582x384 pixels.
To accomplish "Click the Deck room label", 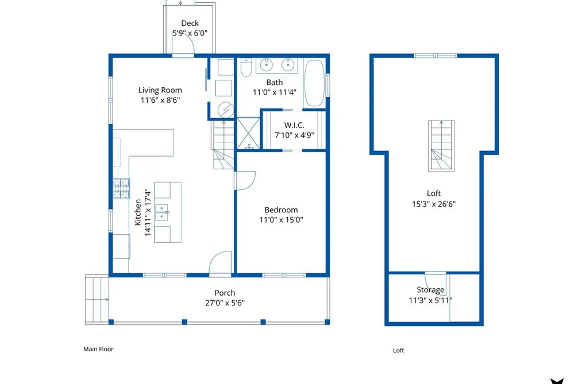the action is coord(190,23).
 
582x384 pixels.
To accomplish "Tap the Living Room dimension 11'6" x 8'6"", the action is coord(160,100).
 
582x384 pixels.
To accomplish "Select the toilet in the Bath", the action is coord(246,67).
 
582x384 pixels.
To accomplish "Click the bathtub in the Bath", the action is coord(314,83).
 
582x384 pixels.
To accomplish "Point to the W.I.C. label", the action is coord(294,125).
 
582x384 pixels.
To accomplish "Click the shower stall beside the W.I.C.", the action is coord(248,133).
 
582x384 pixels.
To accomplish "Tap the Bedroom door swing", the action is coord(245,180).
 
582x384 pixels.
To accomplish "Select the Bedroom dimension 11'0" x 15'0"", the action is coord(281,219).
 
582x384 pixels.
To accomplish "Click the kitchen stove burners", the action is coord(121,188).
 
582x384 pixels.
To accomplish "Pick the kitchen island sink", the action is coord(162,212).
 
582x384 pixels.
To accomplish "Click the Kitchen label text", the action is coord(138,212).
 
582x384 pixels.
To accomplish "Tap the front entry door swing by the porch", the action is coord(221,264).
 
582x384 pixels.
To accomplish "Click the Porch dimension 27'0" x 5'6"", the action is coord(225,303).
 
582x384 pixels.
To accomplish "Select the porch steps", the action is coord(97,300).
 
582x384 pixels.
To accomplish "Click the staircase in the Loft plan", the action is coord(441,146).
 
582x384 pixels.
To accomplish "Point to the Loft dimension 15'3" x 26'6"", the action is coord(434,204).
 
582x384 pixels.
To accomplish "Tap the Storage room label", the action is coord(430,289).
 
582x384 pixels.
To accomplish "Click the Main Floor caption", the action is coord(98,349).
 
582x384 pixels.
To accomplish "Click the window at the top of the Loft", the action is coord(435,56).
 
